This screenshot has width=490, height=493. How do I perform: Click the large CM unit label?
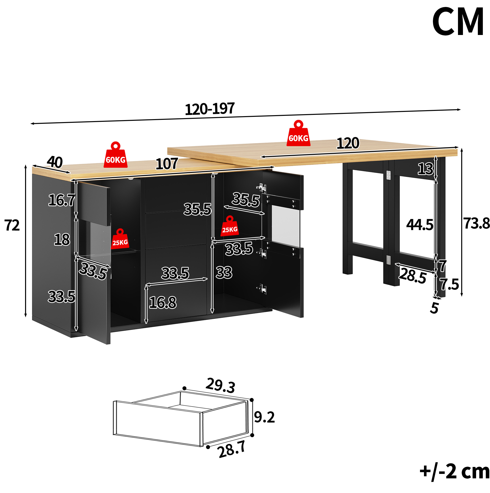click(457, 22)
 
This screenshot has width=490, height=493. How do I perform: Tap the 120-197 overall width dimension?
click(210, 109)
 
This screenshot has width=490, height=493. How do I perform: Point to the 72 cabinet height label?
click(12, 225)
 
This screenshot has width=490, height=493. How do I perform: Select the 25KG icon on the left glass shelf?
click(120, 239)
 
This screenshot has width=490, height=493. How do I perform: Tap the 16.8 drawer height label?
click(163, 302)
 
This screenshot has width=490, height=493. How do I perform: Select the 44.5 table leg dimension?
click(420, 225)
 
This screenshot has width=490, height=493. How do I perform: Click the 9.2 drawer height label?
click(264, 417)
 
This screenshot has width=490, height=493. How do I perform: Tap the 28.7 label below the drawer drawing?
click(232, 449)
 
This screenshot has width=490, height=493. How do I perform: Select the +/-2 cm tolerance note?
click(455, 472)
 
